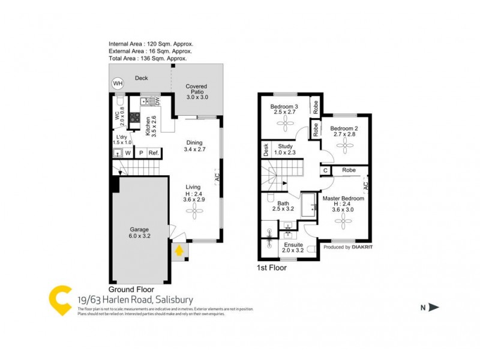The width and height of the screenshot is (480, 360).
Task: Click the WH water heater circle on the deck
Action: tap(118, 83)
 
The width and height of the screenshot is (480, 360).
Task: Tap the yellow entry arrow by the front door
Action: tap(178, 250)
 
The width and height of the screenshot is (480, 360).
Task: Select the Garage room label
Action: tap(140, 233)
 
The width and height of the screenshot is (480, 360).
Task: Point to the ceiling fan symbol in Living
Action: tap(194, 208)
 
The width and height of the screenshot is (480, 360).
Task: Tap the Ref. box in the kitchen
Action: tap(154, 152)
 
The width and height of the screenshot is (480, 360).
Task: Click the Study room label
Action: tap(284, 148)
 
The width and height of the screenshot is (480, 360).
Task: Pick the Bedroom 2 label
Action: tap(344, 131)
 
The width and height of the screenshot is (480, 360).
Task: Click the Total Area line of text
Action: tap(148, 59)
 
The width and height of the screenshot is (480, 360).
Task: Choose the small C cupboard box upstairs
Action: tap(325, 170)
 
